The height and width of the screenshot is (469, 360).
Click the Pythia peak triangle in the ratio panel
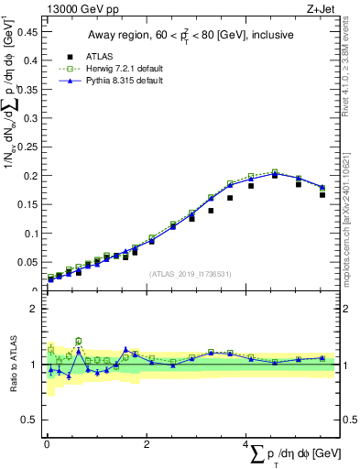tap(125, 349)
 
